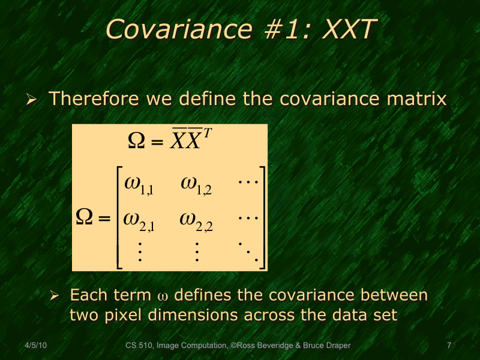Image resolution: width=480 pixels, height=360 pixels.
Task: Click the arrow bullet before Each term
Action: coord(54,296)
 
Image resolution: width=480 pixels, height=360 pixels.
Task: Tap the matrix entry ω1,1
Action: coord(139,184)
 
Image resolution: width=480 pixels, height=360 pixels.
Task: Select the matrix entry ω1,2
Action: coord(196,184)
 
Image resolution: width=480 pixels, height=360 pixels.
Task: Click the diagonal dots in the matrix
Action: coord(247,253)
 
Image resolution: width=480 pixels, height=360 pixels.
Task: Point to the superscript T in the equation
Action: coord(207,134)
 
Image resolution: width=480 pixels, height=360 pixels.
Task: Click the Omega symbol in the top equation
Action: coord(136,142)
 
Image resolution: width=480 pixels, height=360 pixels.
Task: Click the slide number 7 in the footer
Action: coord(449,346)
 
